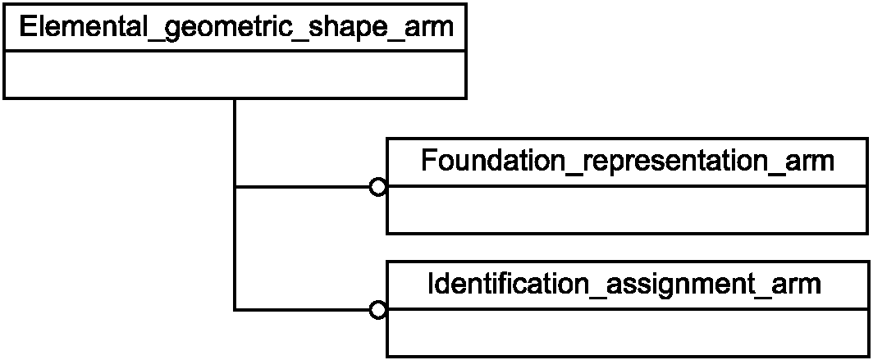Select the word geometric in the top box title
click(x=214, y=29)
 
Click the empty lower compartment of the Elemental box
click(x=235, y=75)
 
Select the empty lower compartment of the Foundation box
click(x=628, y=210)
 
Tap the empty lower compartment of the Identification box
click(x=628, y=332)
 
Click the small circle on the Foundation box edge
click(x=377, y=188)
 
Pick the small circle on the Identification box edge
click(x=377, y=310)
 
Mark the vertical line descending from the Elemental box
click(x=235, y=204)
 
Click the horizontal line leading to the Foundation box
click(x=303, y=188)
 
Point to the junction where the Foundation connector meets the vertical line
click(x=235, y=188)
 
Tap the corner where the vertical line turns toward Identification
click(x=235, y=309)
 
